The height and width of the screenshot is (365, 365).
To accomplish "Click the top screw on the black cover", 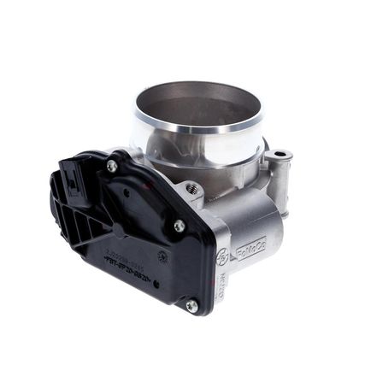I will tap(112, 166).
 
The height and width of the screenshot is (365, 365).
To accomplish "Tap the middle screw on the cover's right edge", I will tap(179, 226).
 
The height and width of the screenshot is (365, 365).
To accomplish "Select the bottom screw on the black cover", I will tap(191, 304).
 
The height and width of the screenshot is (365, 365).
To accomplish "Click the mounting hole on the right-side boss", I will tap(278, 156).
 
